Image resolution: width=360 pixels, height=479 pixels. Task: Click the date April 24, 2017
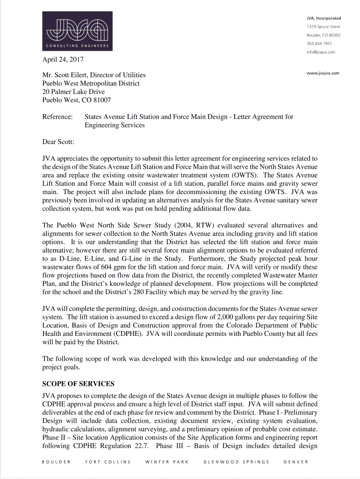[x=63, y=59]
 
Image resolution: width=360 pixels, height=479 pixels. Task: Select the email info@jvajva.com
[x=321, y=52]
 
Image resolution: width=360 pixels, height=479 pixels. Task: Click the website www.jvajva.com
[x=323, y=73]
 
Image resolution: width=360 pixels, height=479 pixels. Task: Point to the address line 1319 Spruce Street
[x=324, y=27]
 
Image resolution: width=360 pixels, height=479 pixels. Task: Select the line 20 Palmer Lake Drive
[x=73, y=92]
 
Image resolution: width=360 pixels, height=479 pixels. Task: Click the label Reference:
[x=58, y=116]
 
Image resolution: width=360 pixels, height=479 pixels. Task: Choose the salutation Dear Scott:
[x=58, y=141]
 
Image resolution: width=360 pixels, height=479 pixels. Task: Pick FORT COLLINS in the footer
[x=108, y=462]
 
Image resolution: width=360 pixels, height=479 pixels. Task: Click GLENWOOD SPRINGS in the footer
[x=236, y=462]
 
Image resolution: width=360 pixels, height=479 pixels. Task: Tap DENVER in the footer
[x=295, y=462]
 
